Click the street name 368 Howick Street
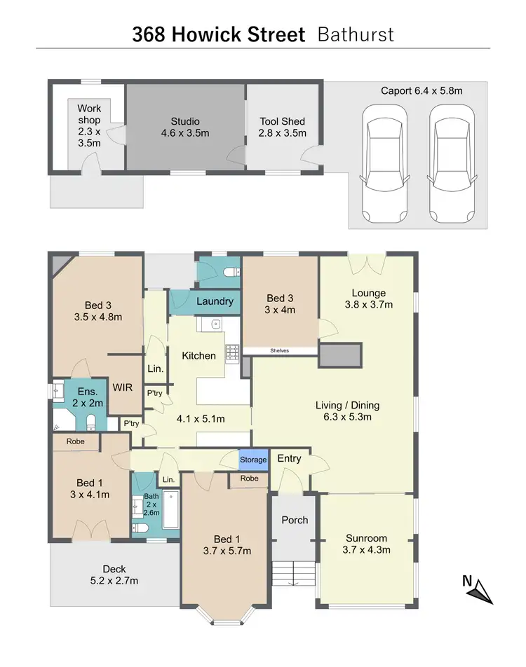pyautogui.click(x=218, y=34)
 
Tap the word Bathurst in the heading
pyautogui.click(x=356, y=34)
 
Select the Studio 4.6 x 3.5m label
pyautogui.click(x=185, y=127)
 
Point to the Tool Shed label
pyautogui.click(x=282, y=127)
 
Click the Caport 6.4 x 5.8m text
pyautogui.click(x=422, y=90)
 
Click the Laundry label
pyautogui.click(x=215, y=301)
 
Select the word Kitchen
pyautogui.click(x=199, y=355)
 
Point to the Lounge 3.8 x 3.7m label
pyautogui.click(x=369, y=298)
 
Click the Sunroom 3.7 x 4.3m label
pyautogui.click(x=366, y=544)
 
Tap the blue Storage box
pyautogui.click(x=253, y=460)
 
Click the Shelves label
pyautogui.click(x=279, y=351)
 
